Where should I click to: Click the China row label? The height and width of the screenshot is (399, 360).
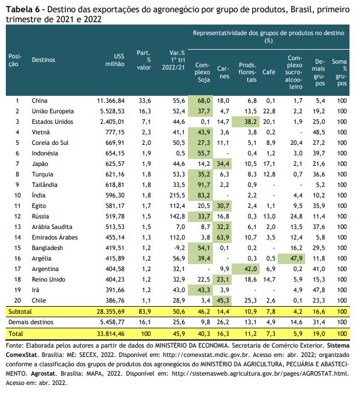point(40,100)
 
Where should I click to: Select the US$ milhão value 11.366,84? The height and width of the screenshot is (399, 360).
point(111,100)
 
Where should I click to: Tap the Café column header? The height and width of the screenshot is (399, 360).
point(269,72)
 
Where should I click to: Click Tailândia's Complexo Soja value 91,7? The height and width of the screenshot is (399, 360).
point(204,185)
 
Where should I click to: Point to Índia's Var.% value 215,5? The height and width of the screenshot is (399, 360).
point(177,195)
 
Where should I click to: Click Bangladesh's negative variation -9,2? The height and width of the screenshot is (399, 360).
point(179,248)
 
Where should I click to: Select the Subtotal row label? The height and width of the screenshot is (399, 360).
point(20,311)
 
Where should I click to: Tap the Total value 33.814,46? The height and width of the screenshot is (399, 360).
point(111,334)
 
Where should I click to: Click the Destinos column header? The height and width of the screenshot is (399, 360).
point(43,60)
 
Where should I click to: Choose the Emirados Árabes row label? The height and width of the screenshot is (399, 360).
point(55,237)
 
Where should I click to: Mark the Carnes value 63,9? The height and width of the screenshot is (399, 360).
point(223,237)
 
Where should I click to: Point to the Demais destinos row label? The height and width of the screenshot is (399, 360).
point(31,322)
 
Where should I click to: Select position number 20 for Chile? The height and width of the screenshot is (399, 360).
point(18,300)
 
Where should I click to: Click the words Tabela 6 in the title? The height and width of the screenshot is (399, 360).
point(23,10)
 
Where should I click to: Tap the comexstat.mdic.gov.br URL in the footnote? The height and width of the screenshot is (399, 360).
point(206,355)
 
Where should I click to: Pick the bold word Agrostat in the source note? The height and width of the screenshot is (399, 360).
point(43,373)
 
